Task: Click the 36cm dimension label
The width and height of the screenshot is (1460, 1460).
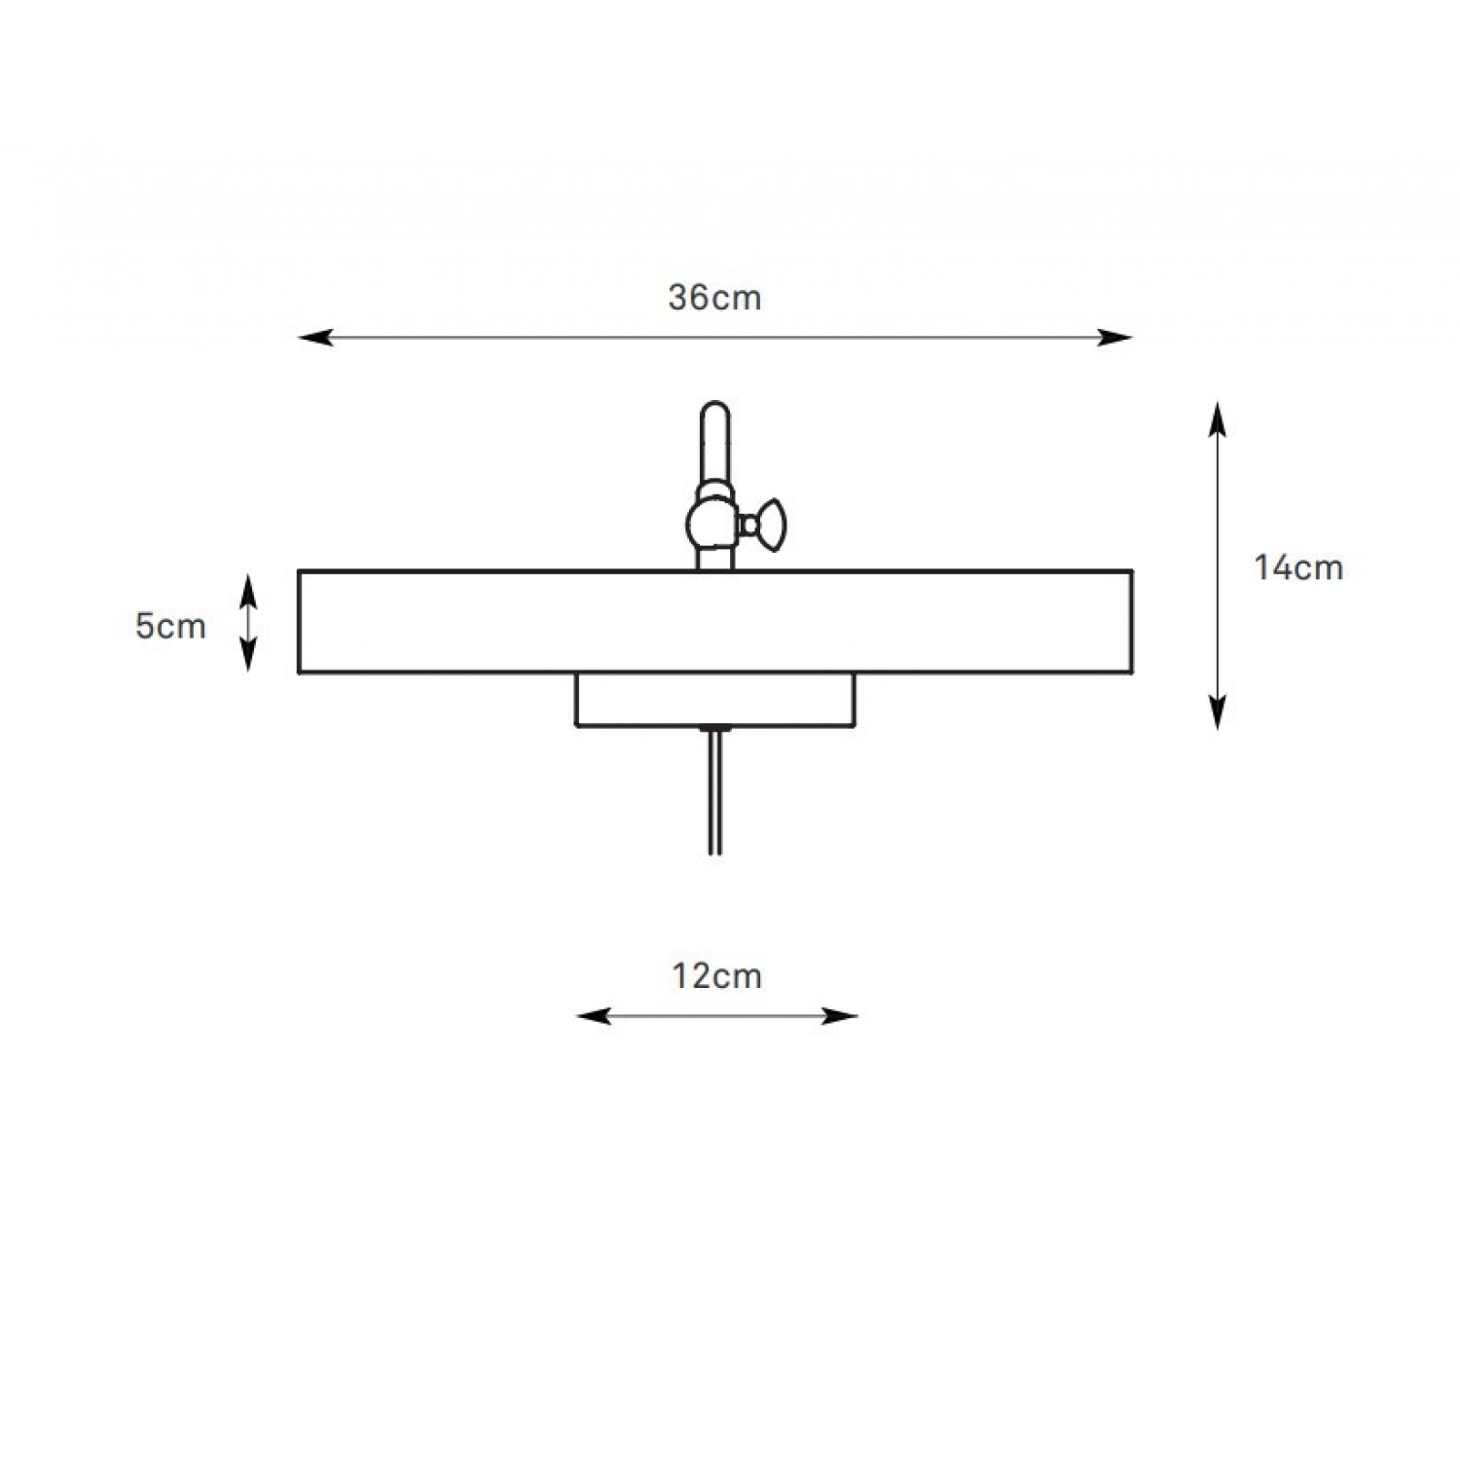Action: (714, 298)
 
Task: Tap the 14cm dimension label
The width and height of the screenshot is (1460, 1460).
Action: (1298, 567)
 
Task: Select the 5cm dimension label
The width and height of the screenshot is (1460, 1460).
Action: (170, 627)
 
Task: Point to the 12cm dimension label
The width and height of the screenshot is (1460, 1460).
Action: (716, 975)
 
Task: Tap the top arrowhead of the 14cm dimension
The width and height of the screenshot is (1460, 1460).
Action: (1217, 419)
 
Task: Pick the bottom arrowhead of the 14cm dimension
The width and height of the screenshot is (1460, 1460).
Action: (1217, 712)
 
